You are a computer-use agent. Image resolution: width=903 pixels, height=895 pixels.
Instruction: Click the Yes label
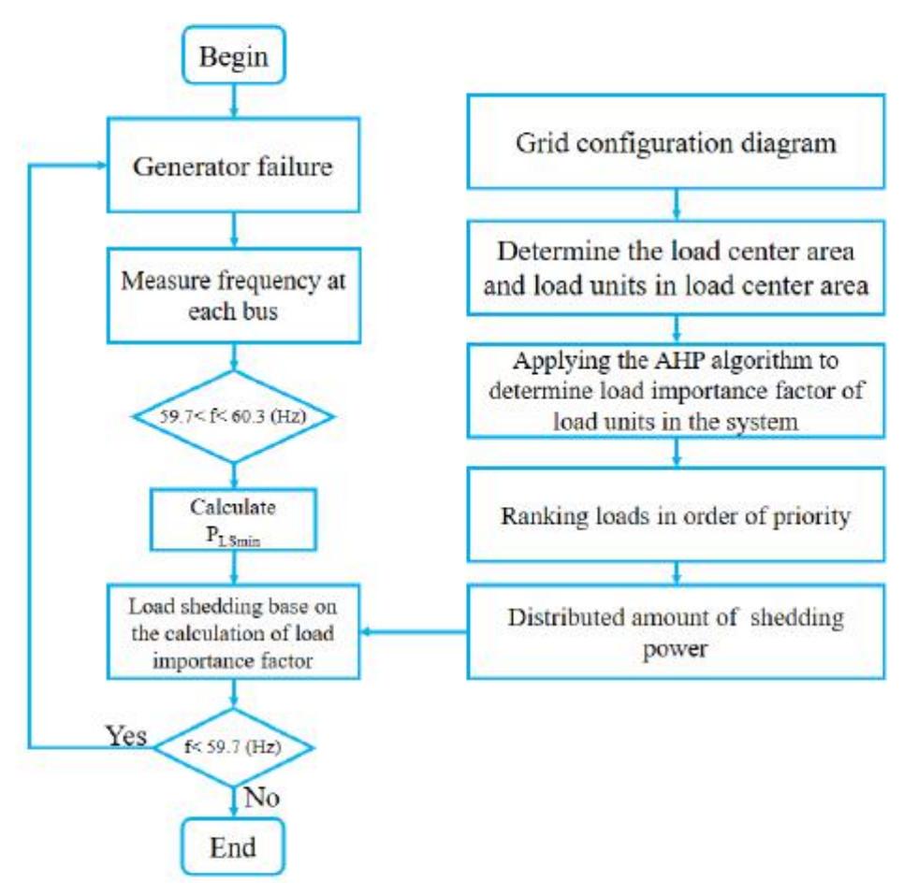(x=124, y=736)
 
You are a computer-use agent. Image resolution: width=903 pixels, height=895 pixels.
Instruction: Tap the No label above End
(x=264, y=797)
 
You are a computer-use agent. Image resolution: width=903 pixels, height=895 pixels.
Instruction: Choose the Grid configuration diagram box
(x=676, y=144)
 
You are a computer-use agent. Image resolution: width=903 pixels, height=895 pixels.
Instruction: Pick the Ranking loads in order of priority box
(x=676, y=515)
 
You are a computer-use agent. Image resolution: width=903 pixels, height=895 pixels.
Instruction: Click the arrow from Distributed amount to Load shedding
(x=412, y=633)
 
